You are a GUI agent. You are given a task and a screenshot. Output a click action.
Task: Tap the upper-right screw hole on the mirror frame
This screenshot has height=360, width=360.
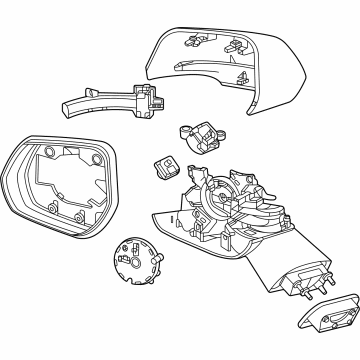tap(93, 158)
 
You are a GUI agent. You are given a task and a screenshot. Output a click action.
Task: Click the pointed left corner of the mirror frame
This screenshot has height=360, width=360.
tap(5, 173)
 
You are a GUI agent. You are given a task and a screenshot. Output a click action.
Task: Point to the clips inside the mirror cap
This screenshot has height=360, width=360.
tap(236, 44)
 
